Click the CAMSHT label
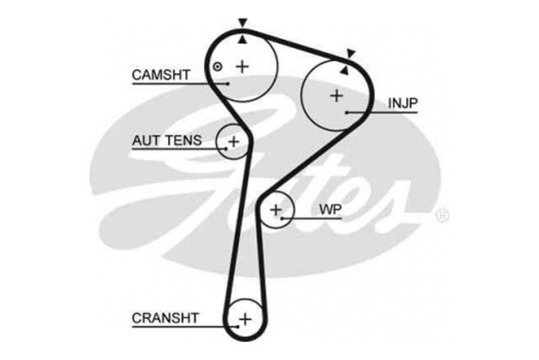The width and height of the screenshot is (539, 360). [161, 75]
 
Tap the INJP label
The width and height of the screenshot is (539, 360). [403, 103]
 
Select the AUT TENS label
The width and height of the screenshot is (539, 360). [167, 140]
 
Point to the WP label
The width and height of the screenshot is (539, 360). [330, 209]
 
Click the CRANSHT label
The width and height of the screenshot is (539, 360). [165, 318]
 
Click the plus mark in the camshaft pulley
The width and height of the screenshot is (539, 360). [243, 66]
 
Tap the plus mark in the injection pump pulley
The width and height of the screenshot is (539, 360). [337, 95]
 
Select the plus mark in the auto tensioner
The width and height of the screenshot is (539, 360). [234, 141]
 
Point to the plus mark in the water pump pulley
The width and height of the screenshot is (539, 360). [276, 209]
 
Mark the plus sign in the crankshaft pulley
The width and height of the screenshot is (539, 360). [246, 319]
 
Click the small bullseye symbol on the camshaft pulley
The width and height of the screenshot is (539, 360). [217, 66]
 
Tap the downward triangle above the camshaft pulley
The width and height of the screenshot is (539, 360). [243, 23]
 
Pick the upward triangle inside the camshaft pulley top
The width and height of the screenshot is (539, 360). [243, 40]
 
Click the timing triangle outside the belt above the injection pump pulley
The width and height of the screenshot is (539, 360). [351, 53]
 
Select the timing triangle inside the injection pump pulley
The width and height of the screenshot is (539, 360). [344, 70]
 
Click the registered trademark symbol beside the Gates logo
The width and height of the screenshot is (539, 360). [442, 216]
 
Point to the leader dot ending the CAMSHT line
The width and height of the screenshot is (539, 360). [228, 83]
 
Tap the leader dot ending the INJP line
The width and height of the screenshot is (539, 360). [348, 112]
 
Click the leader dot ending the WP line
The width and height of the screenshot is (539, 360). [281, 218]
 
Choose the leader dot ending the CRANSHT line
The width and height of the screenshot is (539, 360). [238, 327]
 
